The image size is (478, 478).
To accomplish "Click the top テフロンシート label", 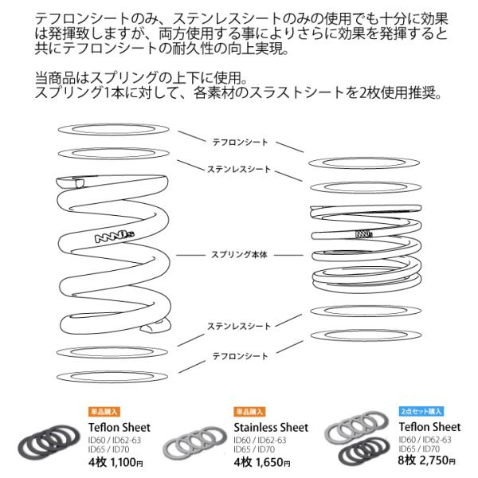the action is coord(240,143).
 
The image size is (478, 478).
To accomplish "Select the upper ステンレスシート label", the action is coord(240,169).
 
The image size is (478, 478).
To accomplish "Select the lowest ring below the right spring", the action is coord(363,334).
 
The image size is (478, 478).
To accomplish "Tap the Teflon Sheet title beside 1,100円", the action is coord(108,425).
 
